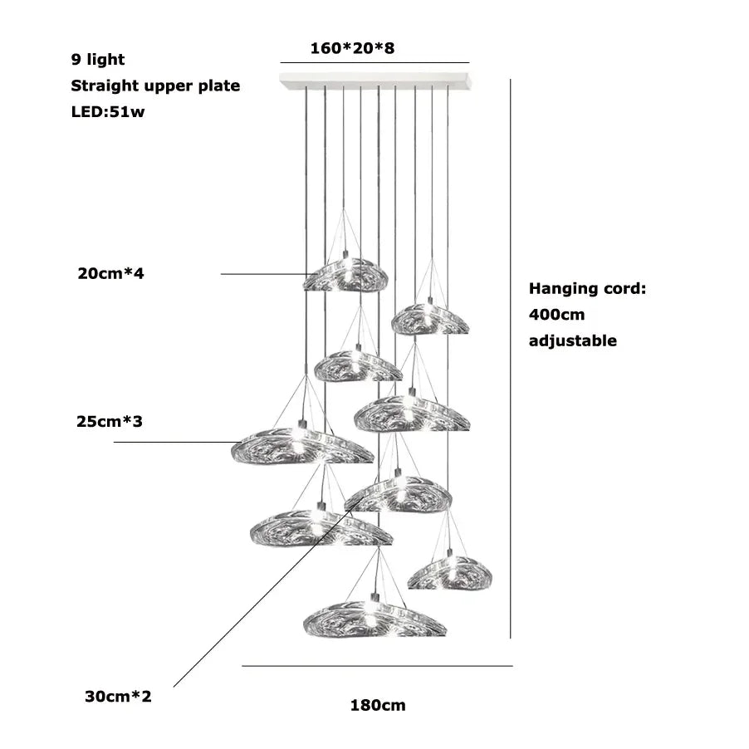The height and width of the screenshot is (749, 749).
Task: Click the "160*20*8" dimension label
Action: click(352, 48)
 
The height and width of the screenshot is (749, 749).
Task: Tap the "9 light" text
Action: click(98, 59)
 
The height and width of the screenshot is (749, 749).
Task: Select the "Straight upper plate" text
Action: click(155, 86)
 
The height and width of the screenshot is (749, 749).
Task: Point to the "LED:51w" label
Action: click(108, 112)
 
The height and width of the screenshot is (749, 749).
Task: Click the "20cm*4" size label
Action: click(110, 273)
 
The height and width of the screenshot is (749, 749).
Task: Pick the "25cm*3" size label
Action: click(110, 422)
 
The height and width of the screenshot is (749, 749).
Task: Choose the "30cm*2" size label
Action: click(118, 696)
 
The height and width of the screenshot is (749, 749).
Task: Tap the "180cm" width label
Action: click(378, 706)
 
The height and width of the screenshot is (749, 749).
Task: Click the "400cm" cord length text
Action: click(556, 315)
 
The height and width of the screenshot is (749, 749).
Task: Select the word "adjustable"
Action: click(573, 340)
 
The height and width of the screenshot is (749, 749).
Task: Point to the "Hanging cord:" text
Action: click(587, 289)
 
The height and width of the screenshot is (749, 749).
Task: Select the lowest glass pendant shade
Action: click(374, 619)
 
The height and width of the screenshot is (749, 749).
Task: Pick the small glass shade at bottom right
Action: click(450, 573)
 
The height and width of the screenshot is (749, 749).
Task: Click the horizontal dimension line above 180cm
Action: click(377, 666)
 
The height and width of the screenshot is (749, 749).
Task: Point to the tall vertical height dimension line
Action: click(510, 357)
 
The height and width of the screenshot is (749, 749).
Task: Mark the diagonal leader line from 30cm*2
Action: click(249, 606)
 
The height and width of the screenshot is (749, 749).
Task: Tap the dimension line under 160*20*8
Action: click(374, 63)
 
